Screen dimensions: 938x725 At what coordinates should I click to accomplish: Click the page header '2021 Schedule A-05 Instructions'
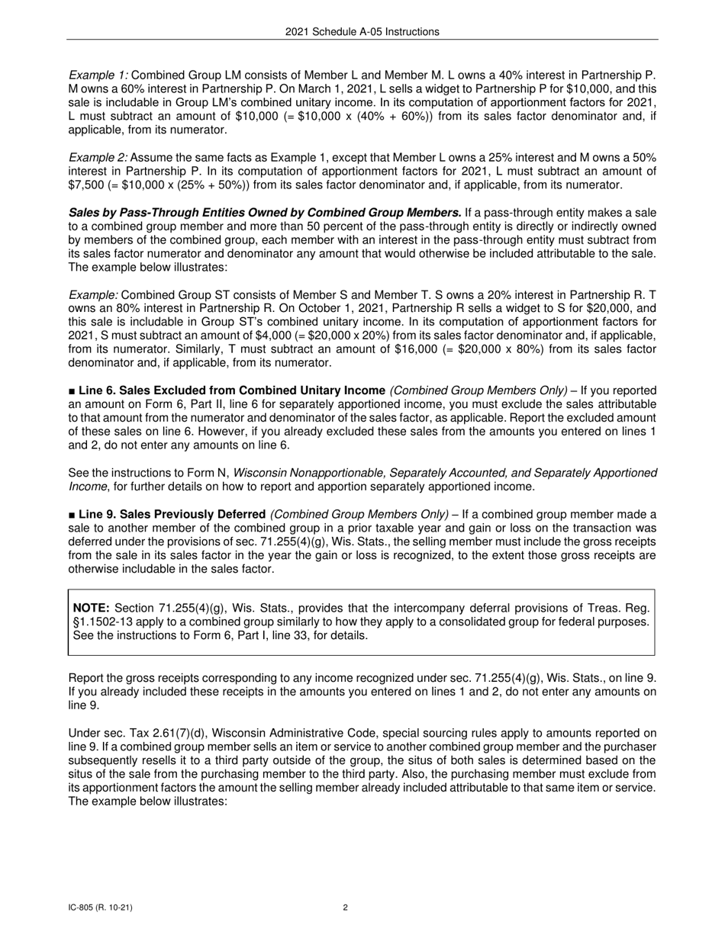pyautogui.click(x=362, y=31)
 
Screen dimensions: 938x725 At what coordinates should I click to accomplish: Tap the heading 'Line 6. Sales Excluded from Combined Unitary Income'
pyautogui.click(x=231, y=390)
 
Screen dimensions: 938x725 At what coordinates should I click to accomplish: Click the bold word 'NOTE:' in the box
pyautogui.click(x=91, y=608)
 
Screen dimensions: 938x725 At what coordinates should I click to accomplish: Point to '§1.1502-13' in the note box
pyautogui.click(x=100, y=622)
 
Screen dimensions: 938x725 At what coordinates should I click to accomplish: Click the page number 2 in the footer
pyautogui.click(x=346, y=907)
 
